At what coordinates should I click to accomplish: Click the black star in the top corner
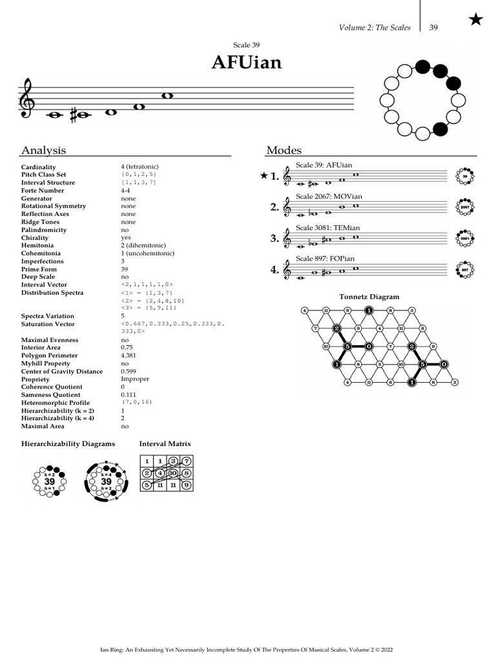coord(475,20)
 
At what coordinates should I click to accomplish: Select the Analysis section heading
coord(43,151)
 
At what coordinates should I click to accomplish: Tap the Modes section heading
coord(284,151)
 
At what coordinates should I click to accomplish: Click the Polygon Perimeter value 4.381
coord(129,356)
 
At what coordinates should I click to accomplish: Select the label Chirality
coord(35,238)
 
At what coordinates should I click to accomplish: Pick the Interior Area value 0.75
coord(127,348)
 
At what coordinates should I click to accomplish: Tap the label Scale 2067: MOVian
coord(329,197)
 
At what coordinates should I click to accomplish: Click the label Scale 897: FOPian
coord(325,259)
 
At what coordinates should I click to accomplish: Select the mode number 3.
coord(274,239)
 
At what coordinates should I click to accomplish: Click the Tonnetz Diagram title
coord(369,297)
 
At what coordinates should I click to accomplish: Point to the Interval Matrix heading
coord(165,444)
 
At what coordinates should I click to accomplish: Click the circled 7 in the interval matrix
coord(186,461)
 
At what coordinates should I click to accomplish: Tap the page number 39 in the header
coord(433,28)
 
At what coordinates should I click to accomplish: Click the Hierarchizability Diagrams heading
coord(68,444)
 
